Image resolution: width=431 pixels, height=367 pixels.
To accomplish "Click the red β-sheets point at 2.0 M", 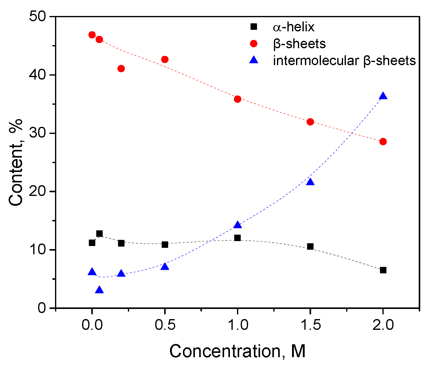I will click(383, 142).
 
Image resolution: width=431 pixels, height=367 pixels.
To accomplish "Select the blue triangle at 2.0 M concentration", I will click(383, 96).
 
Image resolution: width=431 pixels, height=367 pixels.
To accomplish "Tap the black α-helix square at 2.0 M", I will click(383, 270).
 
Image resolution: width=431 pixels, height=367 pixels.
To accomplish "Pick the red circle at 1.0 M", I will click(237, 99).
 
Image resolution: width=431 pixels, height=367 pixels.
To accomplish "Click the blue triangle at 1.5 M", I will click(310, 182).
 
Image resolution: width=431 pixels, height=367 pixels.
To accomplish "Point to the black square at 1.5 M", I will click(310, 247).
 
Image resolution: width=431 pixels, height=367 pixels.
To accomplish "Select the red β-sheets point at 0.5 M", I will click(165, 59).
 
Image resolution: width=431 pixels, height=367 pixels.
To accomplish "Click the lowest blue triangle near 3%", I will click(99, 290).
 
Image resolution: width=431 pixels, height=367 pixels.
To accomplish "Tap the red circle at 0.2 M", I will click(121, 68).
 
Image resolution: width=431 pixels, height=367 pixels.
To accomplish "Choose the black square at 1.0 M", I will click(237, 238).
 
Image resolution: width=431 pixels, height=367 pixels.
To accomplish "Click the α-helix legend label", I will click(294, 27).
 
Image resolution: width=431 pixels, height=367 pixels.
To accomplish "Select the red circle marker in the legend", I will click(254, 44).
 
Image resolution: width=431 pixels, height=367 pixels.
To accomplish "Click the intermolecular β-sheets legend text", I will click(344, 61).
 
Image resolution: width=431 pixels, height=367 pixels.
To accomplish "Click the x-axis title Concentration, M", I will click(237, 351).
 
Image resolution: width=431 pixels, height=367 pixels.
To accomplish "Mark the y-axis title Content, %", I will click(16, 162).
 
